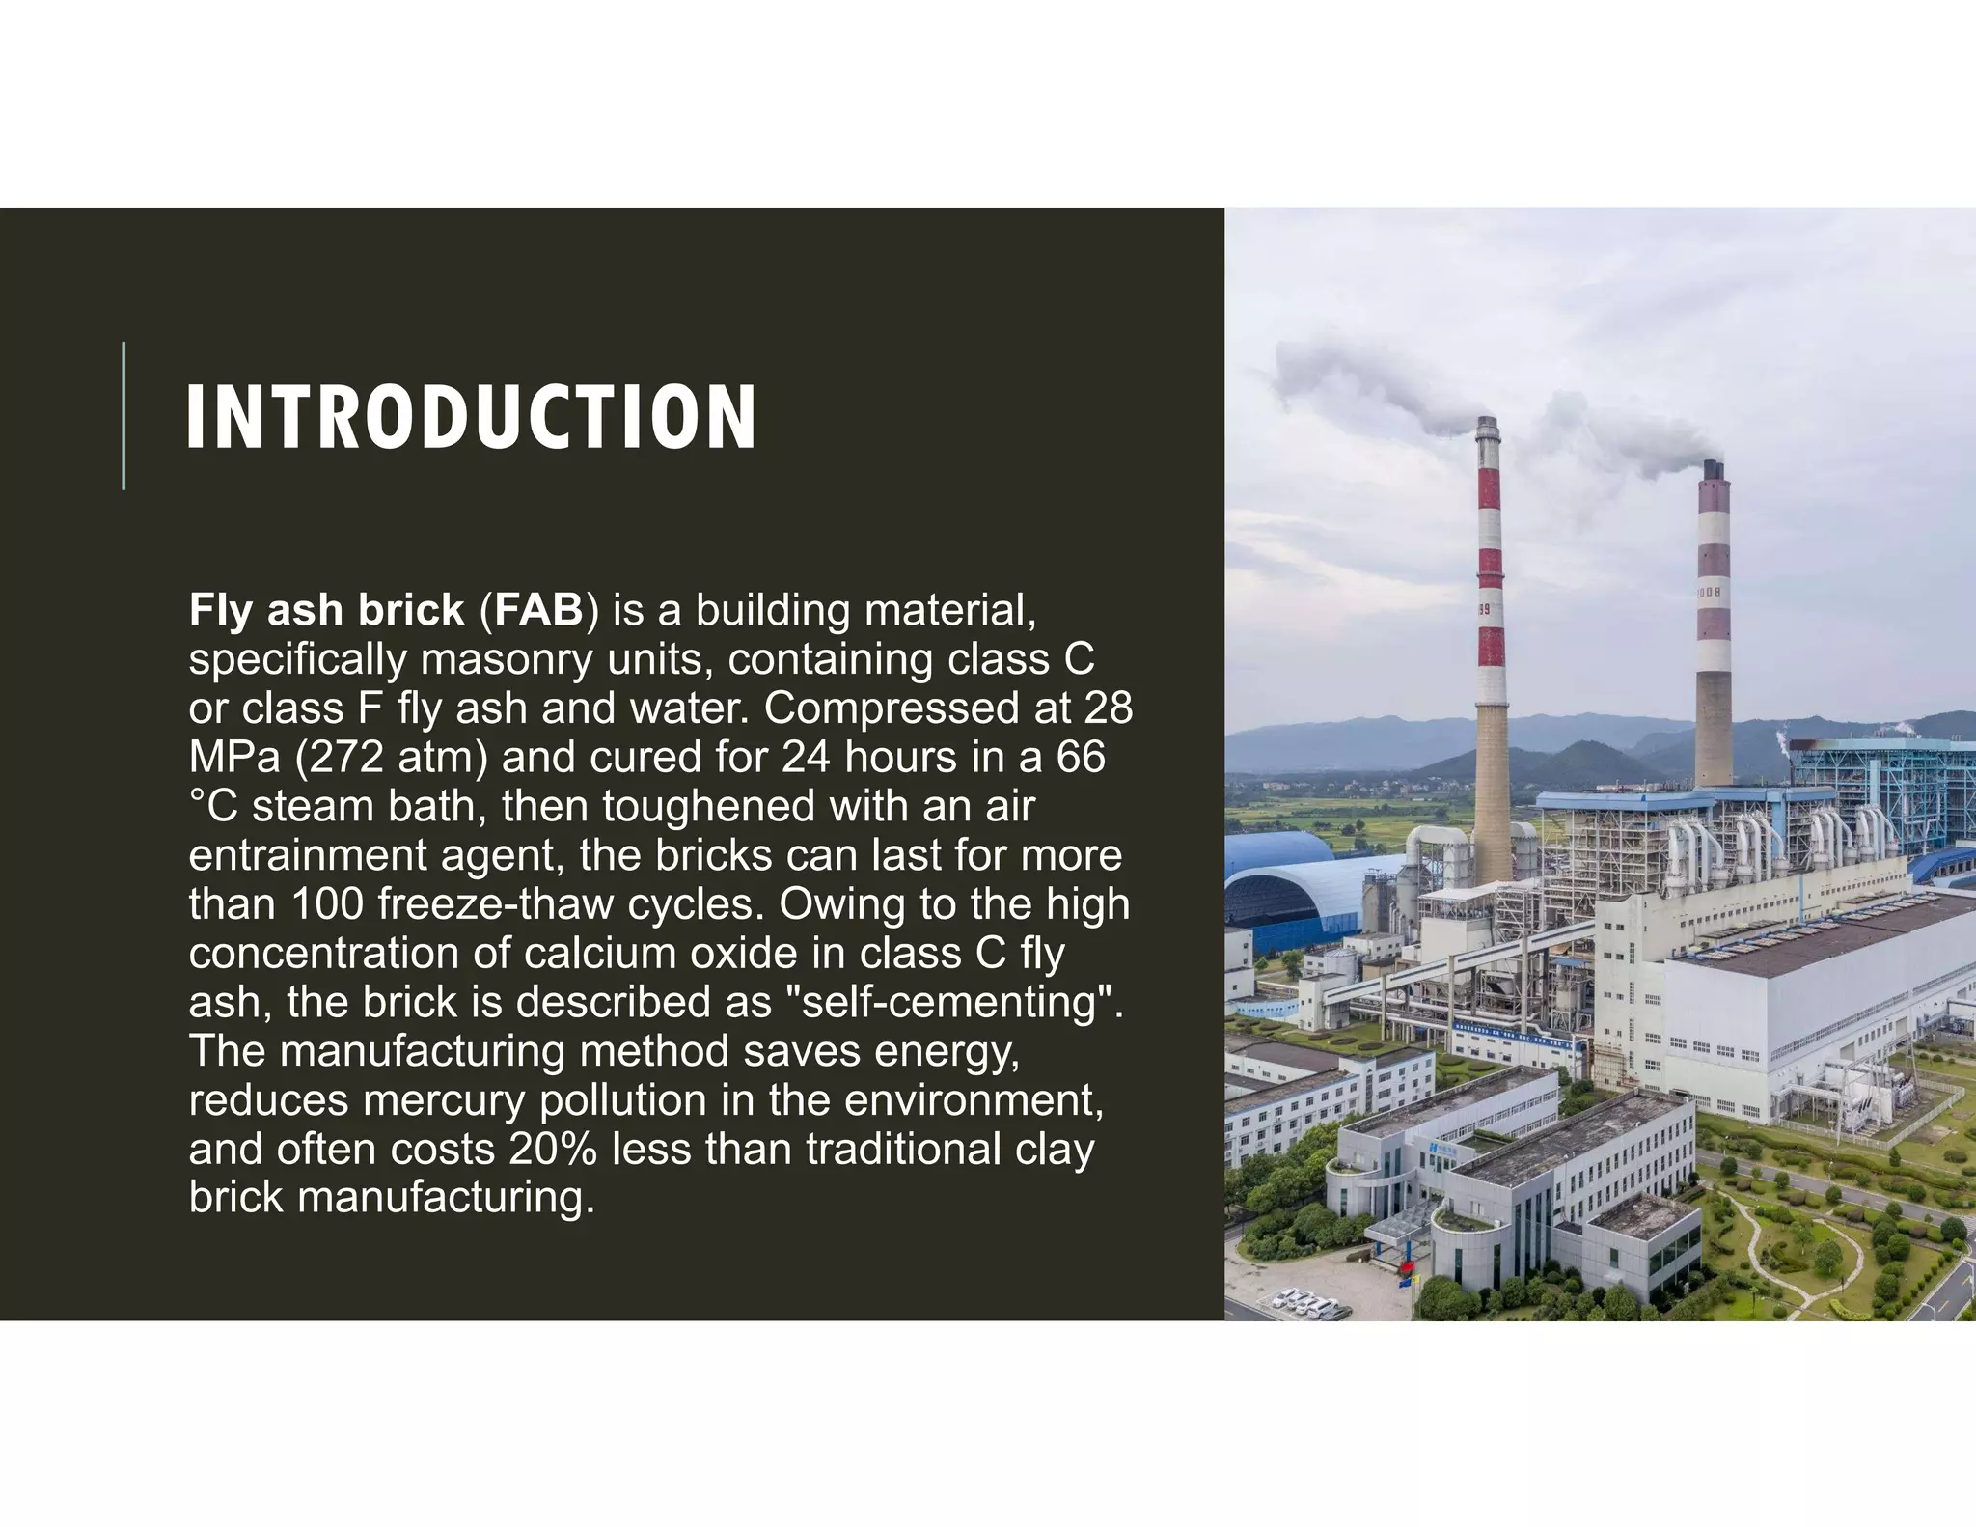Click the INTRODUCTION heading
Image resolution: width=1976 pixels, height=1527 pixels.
coord(471,417)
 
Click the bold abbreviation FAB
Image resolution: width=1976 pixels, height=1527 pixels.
coord(538,610)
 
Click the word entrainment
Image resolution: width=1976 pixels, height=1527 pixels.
coord(307,856)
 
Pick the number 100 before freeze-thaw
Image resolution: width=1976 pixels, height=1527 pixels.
coord(327,904)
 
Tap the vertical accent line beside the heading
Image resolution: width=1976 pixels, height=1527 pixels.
coord(123,415)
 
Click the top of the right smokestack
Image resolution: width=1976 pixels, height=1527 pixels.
coord(1713,468)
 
